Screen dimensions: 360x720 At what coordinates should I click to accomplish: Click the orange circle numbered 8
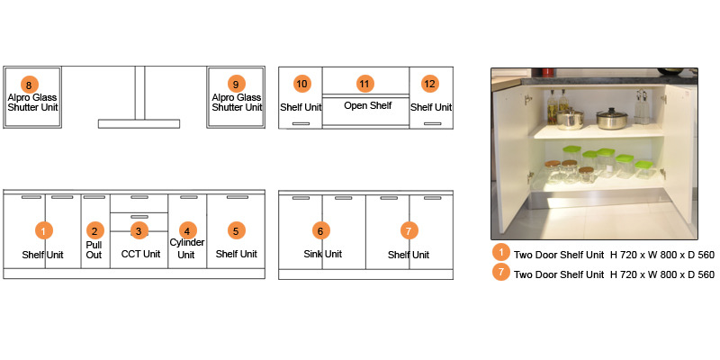click(x=31, y=84)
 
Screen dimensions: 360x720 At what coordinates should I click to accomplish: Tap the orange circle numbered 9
click(x=236, y=84)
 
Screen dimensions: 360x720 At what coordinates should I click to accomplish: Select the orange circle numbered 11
click(x=364, y=84)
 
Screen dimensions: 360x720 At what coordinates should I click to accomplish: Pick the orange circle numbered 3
click(x=138, y=230)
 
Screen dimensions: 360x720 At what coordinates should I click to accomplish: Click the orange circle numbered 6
click(x=319, y=230)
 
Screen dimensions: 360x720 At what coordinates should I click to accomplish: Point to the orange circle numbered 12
click(x=430, y=84)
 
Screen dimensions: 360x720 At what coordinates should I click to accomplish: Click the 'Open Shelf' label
click(x=367, y=106)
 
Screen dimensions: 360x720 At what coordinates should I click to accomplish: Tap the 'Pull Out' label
click(x=94, y=249)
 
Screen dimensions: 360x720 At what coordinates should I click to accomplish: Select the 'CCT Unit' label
click(x=140, y=254)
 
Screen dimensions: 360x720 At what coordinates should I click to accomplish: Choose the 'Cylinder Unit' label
click(x=187, y=248)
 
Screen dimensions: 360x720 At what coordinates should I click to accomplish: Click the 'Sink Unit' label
click(x=322, y=254)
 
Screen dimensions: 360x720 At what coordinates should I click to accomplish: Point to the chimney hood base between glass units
click(x=139, y=123)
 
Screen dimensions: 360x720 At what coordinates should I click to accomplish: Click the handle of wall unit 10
click(x=301, y=123)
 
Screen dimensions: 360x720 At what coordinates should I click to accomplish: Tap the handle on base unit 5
click(x=237, y=197)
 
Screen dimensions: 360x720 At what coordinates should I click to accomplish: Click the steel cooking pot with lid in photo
click(x=613, y=118)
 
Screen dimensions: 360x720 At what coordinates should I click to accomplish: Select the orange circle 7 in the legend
click(x=501, y=274)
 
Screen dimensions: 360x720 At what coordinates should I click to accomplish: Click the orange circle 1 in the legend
click(x=501, y=253)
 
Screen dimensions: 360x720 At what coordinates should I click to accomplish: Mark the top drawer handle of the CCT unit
click(x=139, y=197)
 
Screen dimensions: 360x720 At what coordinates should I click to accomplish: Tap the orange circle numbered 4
click(x=186, y=230)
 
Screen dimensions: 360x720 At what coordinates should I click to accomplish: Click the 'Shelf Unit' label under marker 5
click(x=236, y=254)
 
